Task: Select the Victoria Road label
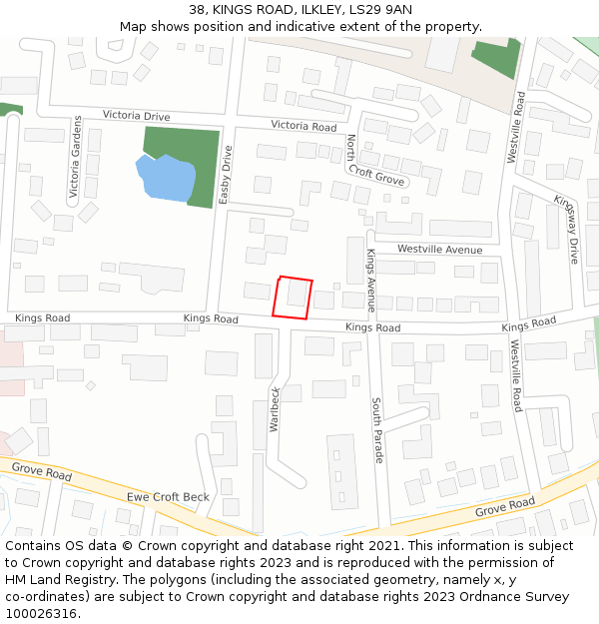pyautogui.click(x=303, y=127)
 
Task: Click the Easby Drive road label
pyautogui.click(x=226, y=175)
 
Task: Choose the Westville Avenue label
pyautogui.click(x=439, y=250)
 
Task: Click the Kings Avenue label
pyautogui.click(x=370, y=281)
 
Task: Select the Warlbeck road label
pyautogui.click(x=275, y=408)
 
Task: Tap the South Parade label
pyautogui.click(x=377, y=430)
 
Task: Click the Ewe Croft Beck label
pyautogui.click(x=168, y=497)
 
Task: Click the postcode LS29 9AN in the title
pyautogui.click(x=379, y=10)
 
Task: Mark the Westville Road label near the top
pyautogui.click(x=517, y=127)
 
